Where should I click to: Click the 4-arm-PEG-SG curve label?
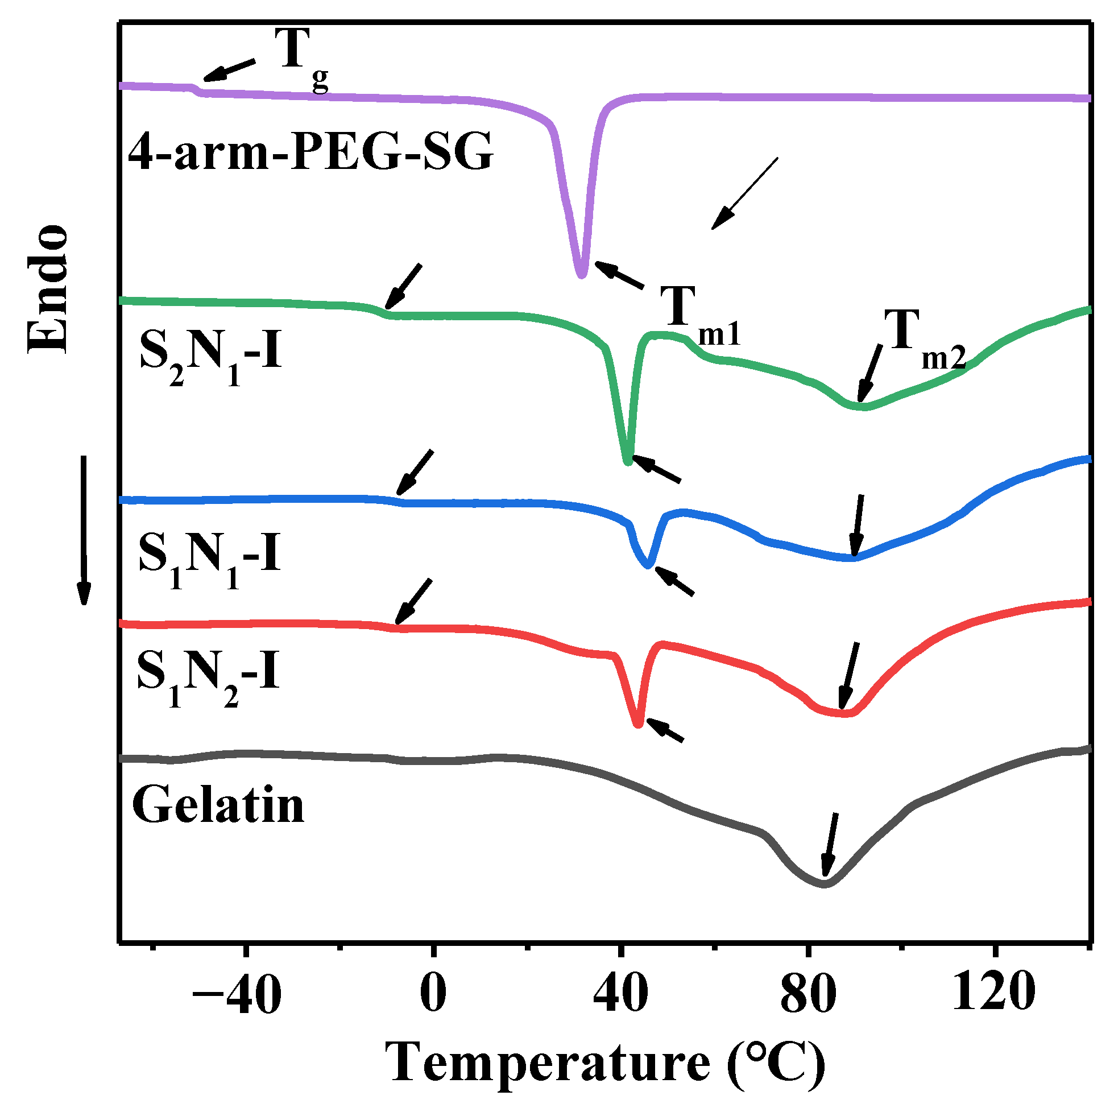(310, 152)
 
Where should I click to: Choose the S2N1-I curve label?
(210, 353)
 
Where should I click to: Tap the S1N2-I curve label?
(208, 674)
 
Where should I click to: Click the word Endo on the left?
(47, 288)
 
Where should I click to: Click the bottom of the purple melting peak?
(581, 275)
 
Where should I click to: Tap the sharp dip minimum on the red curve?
(637, 725)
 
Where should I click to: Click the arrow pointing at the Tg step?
(229, 69)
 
